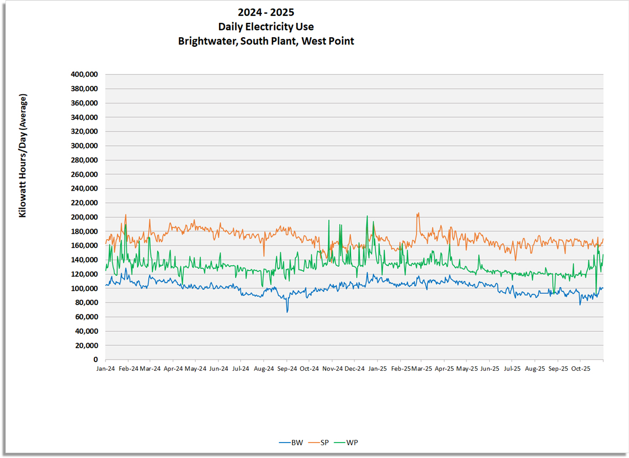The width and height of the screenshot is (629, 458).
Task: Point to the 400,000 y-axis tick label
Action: [x=84, y=75]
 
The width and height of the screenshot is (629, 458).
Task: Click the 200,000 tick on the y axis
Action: [x=84, y=217]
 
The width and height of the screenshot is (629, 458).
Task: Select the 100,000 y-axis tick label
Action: [x=84, y=289]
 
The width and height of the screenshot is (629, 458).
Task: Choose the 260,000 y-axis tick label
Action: [x=84, y=174]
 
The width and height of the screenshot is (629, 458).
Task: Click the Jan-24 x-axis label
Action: [x=106, y=369]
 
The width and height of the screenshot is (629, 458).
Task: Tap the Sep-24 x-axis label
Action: [x=287, y=369]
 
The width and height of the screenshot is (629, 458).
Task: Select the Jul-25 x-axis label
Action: [x=512, y=369]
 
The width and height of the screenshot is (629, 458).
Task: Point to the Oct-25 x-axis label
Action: [x=580, y=369]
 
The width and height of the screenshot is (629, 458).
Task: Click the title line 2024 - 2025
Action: [x=266, y=12]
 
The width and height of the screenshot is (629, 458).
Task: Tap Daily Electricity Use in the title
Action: [x=266, y=27]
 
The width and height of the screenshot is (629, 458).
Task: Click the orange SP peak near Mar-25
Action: [x=418, y=214]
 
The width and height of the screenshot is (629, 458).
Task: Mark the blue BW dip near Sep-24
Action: [x=287, y=312]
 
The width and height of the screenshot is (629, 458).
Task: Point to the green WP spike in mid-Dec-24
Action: [x=367, y=216]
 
